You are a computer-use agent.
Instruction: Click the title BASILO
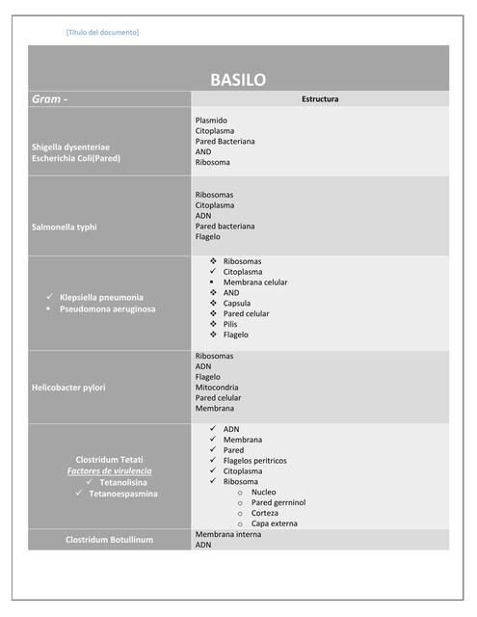click(238, 80)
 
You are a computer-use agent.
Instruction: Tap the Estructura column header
click(320, 99)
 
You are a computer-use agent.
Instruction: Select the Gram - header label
click(50, 99)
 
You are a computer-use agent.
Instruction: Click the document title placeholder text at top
click(102, 33)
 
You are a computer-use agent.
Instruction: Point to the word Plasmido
click(211, 121)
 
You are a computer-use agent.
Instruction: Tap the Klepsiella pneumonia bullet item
click(101, 297)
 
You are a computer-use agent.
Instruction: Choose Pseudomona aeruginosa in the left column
click(107, 309)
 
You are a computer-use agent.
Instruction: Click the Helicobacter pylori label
click(68, 388)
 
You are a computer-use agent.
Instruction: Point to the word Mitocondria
click(217, 388)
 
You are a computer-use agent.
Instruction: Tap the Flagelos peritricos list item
click(254, 461)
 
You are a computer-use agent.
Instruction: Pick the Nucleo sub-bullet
click(263, 492)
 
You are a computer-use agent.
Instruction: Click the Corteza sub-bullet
click(265, 513)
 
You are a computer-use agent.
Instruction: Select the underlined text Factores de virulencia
click(109, 471)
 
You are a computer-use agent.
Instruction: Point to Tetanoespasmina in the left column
click(123, 494)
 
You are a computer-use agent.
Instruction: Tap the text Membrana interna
click(226, 534)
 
